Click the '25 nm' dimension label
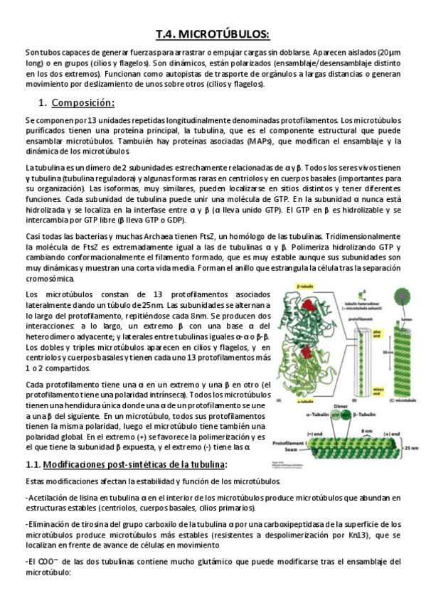click(x=412, y=447)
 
